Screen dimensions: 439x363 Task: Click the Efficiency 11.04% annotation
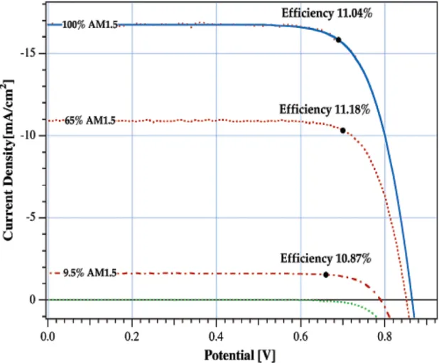click(327, 13)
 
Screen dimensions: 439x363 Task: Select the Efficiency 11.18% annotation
click(325, 109)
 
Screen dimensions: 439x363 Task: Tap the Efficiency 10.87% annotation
click(325, 259)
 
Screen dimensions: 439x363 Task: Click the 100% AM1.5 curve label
click(90, 25)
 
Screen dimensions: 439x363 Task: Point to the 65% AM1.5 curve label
click(90, 121)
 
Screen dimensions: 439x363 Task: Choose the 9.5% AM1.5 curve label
click(90, 273)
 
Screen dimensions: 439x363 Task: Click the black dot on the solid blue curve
click(339, 40)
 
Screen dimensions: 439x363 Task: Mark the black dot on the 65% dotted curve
click(342, 131)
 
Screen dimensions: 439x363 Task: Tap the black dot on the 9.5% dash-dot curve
click(326, 275)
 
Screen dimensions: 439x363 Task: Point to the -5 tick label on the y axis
click(32, 217)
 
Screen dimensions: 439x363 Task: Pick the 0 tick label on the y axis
click(33, 300)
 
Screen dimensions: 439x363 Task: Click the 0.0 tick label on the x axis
click(48, 337)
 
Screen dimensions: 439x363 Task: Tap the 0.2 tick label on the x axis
click(132, 337)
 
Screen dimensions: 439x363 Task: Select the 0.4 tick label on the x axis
click(216, 337)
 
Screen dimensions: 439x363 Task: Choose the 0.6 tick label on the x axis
click(300, 337)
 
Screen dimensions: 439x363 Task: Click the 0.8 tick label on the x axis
click(385, 337)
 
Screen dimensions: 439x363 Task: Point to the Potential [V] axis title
click(240, 355)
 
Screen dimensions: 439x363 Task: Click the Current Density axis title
click(8, 160)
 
